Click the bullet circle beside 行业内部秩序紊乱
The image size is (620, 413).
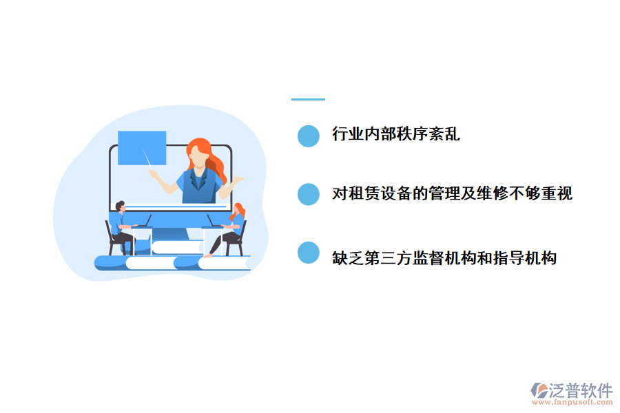point(309,136)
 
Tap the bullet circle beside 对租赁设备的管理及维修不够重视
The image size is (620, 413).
point(309,194)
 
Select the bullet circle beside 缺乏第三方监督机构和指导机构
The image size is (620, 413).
point(309,253)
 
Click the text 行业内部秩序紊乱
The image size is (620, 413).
point(395,134)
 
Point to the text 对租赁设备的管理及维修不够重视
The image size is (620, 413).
point(452,193)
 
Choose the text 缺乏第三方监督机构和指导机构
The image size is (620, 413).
point(444,258)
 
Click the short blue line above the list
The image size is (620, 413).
point(308,99)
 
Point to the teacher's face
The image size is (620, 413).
point(198,158)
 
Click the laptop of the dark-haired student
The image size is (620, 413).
point(144,222)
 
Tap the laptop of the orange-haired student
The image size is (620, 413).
point(211,222)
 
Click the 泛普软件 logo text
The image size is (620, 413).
point(581,390)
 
